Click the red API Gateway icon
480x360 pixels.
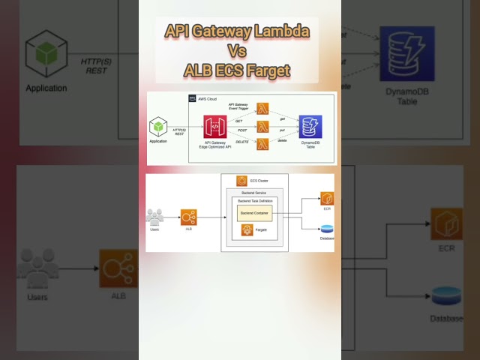(214, 126)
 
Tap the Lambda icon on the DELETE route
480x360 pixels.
(262, 145)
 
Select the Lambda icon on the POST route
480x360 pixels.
(262, 127)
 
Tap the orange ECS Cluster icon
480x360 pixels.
(242, 181)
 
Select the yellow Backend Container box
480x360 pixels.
(255, 214)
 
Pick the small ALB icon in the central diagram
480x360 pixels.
(188, 217)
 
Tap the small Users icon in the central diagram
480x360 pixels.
(155, 217)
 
